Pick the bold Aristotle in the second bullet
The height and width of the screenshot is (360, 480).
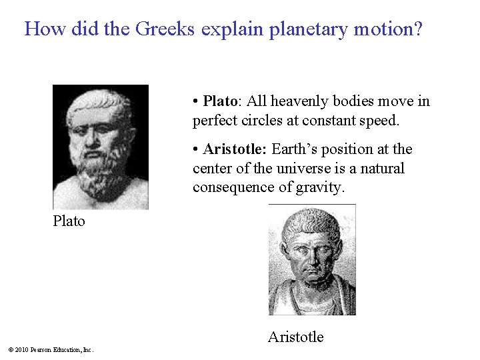pos(235,149)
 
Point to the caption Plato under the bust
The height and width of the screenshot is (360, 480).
pos(69,221)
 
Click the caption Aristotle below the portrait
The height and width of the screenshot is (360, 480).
pos(295,337)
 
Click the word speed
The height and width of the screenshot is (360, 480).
pos(379,121)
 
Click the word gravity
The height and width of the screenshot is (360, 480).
pos(319,188)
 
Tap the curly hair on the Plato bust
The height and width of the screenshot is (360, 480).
pos(100,100)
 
